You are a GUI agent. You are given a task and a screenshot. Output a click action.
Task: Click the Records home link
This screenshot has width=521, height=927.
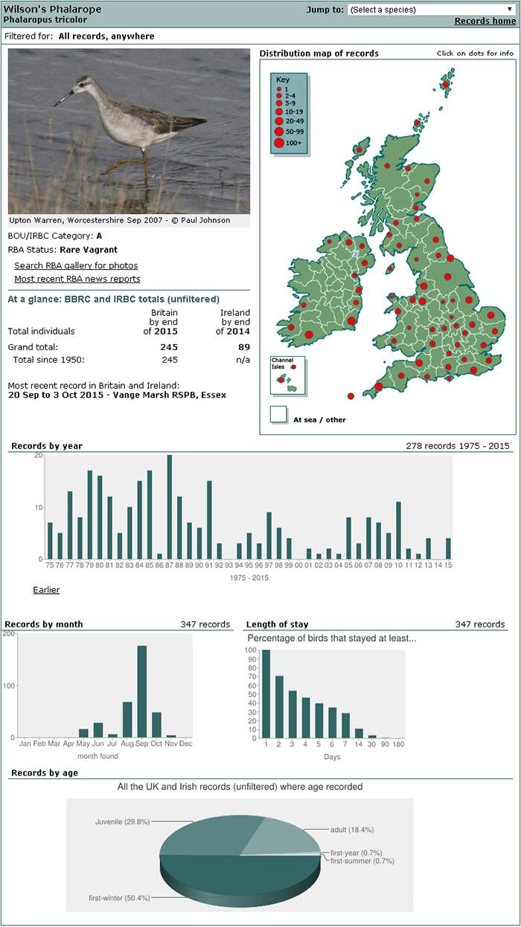point(485,21)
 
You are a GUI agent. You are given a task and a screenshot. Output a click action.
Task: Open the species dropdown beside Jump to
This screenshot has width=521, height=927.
point(432,10)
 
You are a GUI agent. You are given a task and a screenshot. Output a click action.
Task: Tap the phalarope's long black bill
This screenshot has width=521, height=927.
point(63,98)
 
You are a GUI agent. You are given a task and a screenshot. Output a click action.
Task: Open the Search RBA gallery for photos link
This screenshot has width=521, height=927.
point(76,265)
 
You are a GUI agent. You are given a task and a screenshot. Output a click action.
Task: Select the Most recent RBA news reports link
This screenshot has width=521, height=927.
point(77,279)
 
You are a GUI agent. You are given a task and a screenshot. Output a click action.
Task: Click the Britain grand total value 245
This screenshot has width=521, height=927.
point(169,347)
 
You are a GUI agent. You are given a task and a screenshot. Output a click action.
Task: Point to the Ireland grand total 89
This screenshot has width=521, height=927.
point(244,347)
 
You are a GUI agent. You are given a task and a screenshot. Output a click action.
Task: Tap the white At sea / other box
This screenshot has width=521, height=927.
point(278,414)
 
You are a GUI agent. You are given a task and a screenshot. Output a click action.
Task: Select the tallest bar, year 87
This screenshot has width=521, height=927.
point(169,507)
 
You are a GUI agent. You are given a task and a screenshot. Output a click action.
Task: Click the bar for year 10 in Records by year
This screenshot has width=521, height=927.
point(398,531)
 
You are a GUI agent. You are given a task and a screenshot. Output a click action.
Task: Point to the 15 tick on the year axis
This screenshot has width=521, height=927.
point(448,565)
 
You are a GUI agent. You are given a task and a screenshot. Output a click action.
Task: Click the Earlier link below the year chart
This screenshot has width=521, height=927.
point(46,590)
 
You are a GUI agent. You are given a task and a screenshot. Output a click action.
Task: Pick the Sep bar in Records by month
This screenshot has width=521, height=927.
point(141,691)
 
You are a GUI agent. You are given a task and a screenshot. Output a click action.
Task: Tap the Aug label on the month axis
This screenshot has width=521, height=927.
point(127,743)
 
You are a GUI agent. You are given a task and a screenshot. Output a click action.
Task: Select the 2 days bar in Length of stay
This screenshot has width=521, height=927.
point(279,707)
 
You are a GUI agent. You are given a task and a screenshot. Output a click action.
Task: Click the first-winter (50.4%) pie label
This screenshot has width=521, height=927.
point(119,897)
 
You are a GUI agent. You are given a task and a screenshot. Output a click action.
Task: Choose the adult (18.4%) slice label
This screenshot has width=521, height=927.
point(352,830)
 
